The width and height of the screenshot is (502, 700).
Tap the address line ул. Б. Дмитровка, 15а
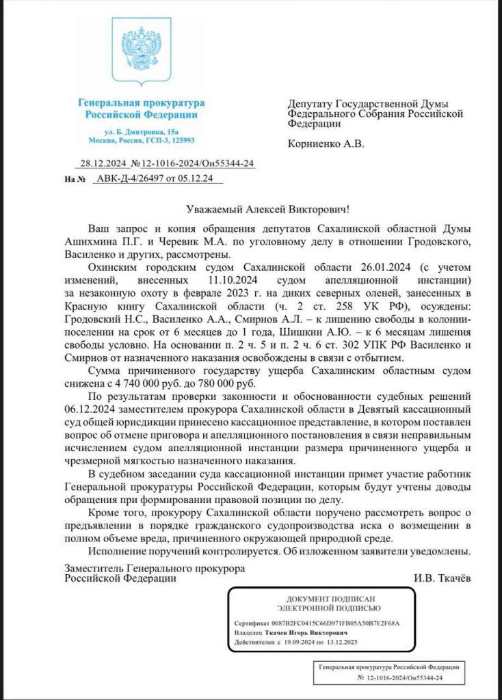pyautogui.click(x=142, y=130)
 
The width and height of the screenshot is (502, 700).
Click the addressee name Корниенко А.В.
pyautogui.click(x=326, y=144)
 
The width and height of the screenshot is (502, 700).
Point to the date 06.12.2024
pyautogui.click(x=91, y=407)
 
